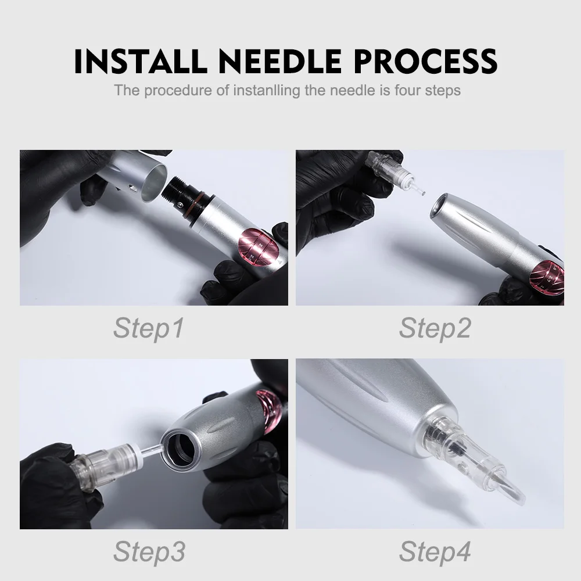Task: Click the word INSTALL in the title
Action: (141, 61)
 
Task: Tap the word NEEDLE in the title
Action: (280, 61)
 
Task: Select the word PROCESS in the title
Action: (426, 61)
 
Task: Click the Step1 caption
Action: (148, 328)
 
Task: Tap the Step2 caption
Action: (435, 328)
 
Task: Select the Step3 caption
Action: (149, 551)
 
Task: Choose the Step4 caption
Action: (435, 551)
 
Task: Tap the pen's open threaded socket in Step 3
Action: (180, 448)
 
